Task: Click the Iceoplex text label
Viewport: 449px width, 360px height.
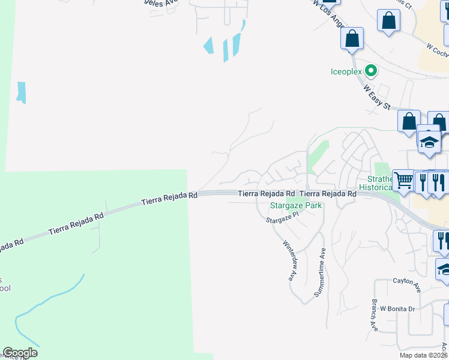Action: coord(347,71)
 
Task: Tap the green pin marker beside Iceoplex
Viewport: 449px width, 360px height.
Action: coord(371,71)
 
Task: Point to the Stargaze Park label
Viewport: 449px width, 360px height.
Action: coord(295,205)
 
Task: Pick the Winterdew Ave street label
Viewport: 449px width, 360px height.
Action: coord(289,261)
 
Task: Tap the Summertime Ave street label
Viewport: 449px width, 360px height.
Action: coord(319,273)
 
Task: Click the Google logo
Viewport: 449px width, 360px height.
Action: coord(20,353)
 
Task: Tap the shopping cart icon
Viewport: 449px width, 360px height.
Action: coord(403,180)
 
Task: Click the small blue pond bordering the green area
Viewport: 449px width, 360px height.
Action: coord(22,92)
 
